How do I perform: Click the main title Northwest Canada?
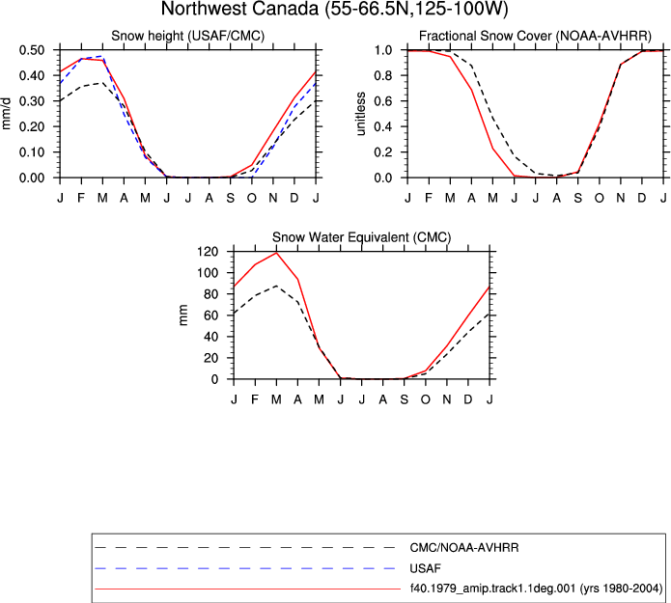tap(335, 9)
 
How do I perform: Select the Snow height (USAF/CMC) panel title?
tap(188, 36)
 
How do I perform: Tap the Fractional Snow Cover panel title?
tap(535, 36)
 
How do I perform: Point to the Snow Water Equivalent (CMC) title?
tap(362, 237)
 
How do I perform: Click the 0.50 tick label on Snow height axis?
tap(32, 50)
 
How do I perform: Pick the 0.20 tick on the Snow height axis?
tap(32, 126)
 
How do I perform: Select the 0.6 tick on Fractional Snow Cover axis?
tap(383, 101)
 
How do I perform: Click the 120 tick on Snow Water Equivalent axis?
tap(208, 252)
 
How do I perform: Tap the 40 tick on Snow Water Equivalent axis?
tap(211, 337)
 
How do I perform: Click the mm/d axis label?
tap(6, 114)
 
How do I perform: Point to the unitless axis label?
tap(361, 114)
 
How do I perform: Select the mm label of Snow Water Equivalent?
tap(183, 315)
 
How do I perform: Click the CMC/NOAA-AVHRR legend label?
tap(464, 548)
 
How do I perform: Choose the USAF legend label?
tap(426, 568)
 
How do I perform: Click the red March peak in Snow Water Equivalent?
tap(276, 253)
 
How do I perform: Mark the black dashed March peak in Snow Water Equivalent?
tap(276, 286)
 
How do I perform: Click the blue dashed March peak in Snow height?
tap(102, 56)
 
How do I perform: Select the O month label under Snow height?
tap(252, 198)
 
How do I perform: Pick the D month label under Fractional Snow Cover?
tap(642, 198)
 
